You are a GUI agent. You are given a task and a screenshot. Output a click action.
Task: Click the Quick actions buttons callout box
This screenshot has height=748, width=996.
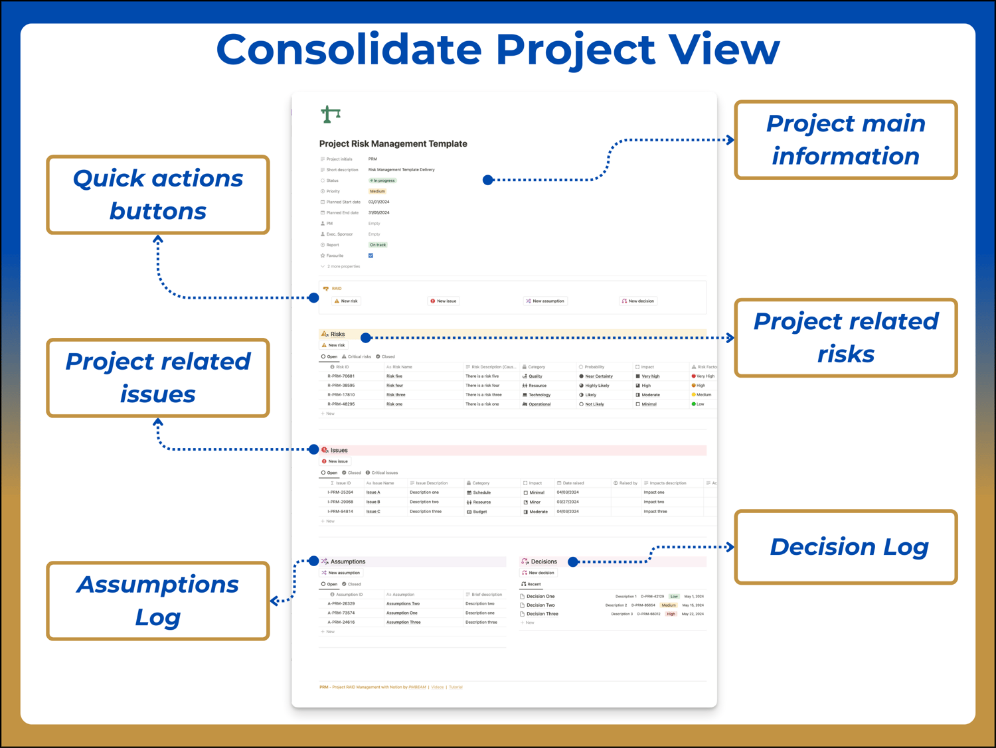pyautogui.click(x=158, y=194)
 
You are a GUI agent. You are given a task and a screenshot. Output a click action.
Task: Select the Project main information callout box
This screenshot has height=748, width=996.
pyautogui.click(x=845, y=140)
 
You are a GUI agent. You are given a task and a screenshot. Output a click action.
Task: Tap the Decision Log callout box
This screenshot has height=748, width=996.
pyautogui.click(x=845, y=547)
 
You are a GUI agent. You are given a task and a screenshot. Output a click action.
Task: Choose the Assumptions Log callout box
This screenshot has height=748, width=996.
pyautogui.click(x=158, y=601)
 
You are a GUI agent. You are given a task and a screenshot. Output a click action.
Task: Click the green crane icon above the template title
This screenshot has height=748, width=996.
pyautogui.click(x=331, y=114)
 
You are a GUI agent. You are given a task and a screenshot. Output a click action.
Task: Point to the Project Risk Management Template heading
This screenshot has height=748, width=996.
pyautogui.click(x=393, y=143)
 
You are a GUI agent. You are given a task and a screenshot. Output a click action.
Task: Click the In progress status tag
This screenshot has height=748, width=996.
pyautogui.click(x=383, y=181)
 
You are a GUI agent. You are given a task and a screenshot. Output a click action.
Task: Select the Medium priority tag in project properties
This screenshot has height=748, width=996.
pyautogui.click(x=377, y=191)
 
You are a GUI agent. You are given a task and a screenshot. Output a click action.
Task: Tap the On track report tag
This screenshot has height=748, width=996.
pyautogui.click(x=378, y=245)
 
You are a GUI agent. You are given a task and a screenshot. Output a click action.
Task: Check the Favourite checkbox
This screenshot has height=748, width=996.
pyautogui.click(x=371, y=256)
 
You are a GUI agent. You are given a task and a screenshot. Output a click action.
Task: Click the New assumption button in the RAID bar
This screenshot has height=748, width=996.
pyautogui.click(x=545, y=301)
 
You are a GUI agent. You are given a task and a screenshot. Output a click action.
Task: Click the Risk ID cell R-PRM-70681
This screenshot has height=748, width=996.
pyautogui.click(x=341, y=376)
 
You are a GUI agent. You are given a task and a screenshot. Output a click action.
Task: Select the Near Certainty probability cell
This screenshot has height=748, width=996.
pyautogui.click(x=598, y=376)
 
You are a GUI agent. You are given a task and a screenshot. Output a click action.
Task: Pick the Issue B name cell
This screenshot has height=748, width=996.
pyautogui.click(x=373, y=502)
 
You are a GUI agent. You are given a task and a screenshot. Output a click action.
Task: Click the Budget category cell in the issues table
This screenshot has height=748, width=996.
pyautogui.click(x=479, y=512)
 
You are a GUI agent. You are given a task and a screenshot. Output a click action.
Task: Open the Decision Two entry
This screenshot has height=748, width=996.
pyautogui.click(x=540, y=605)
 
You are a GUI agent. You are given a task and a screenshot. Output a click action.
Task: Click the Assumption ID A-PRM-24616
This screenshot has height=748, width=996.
pyautogui.click(x=341, y=623)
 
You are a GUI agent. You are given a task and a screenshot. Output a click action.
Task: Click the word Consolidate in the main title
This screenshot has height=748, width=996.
pyautogui.click(x=349, y=50)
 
